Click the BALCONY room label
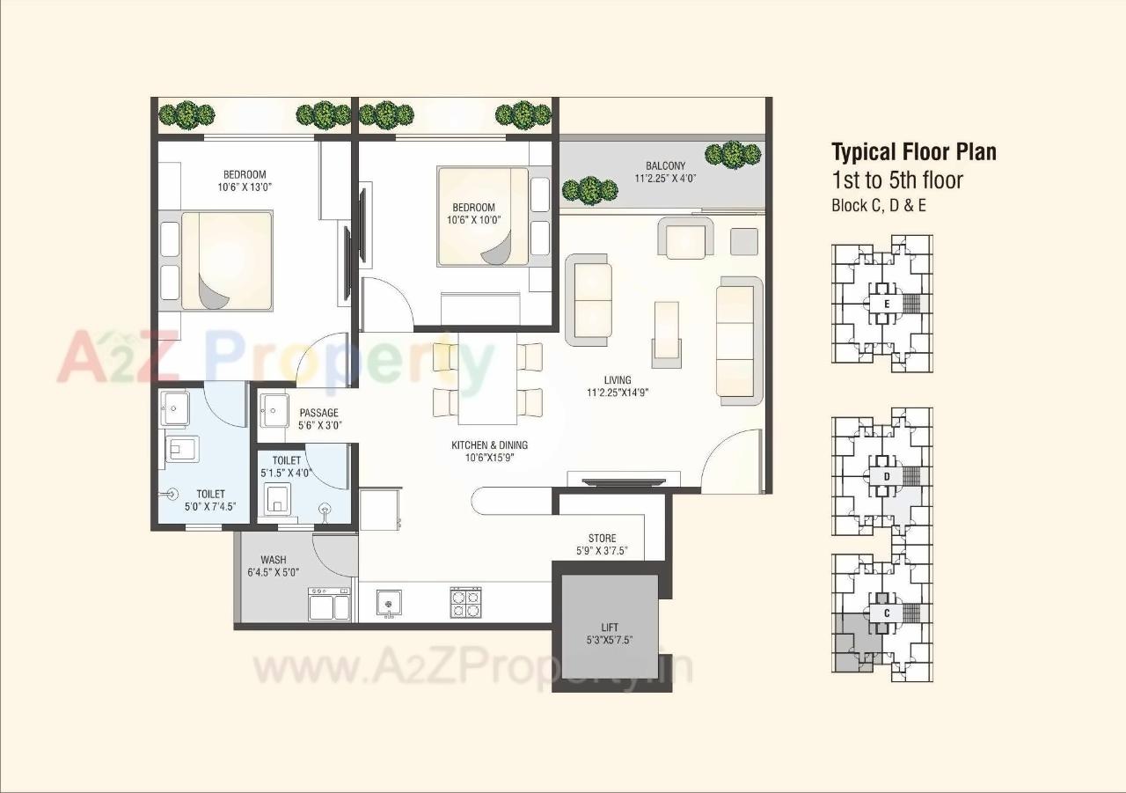click(665, 165)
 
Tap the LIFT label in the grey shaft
click(610, 628)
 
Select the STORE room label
click(602, 538)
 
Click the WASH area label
click(273, 560)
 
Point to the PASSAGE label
click(318, 413)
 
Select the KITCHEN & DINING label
click(489, 445)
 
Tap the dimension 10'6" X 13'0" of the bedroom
click(245, 187)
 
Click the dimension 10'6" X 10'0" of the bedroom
click(471, 220)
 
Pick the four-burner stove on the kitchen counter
click(465, 602)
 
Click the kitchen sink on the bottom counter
click(389, 602)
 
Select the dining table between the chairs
click(486, 378)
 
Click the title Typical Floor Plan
click(914, 152)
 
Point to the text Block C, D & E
click(879, 206)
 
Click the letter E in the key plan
click(887, 305)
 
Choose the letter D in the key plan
click(887, 477)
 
